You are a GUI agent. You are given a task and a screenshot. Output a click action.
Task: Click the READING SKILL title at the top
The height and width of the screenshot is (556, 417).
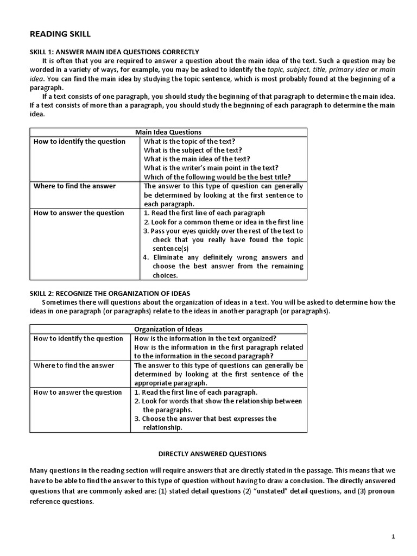56,34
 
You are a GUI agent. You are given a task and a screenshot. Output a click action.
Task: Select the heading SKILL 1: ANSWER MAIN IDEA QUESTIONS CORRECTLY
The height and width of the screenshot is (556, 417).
114,52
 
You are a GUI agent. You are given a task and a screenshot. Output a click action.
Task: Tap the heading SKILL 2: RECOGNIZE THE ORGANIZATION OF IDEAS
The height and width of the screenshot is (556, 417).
109,293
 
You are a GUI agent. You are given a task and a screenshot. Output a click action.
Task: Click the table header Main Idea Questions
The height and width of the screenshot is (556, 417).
167,132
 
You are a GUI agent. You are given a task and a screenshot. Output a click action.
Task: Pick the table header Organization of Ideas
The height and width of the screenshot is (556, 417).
168,329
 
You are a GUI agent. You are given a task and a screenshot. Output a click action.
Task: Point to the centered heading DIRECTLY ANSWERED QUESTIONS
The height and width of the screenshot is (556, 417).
212,453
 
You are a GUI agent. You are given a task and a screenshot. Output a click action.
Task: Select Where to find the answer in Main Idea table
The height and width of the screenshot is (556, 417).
74,186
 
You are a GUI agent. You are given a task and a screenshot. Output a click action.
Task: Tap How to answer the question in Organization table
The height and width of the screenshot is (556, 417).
78,392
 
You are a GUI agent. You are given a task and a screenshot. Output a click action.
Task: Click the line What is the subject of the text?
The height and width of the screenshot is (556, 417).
193,150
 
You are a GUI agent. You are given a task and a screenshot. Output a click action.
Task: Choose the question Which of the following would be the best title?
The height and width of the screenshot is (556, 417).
217,176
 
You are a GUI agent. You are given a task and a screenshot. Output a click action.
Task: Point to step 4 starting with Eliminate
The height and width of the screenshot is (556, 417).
224,257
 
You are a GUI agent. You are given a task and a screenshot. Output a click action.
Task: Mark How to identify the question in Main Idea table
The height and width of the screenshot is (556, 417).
79,141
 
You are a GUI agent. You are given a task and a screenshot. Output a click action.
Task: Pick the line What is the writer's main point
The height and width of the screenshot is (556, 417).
214,168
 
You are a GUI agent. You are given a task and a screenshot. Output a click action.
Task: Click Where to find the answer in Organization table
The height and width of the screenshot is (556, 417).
74,365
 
